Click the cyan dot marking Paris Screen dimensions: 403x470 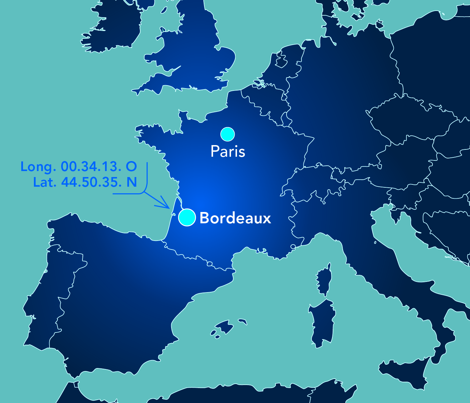coord(228,134)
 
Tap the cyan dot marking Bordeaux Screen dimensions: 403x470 coord(187,217)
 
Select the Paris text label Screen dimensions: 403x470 coord(228,151)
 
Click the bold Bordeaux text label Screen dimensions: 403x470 coord(235,218)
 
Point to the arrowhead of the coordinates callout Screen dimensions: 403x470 coord(168,207)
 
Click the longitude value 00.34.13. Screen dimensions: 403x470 coord(91,166)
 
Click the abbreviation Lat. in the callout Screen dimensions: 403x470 coord(45,182)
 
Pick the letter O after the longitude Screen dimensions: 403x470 coord(131,166)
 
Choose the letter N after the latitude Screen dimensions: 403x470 coord(132,182)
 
